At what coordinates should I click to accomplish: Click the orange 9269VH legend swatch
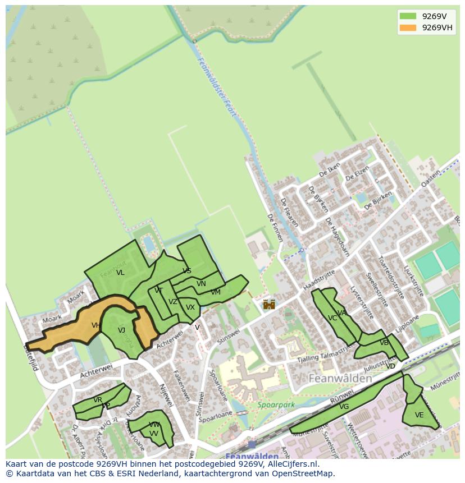click(408, 28)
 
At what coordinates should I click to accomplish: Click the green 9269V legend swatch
click(408, 16)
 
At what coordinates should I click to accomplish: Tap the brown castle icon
click(269, 304)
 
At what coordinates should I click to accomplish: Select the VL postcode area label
click(120, 273)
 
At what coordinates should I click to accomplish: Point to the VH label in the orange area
click(95, 325)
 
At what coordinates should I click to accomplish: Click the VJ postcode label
click(121, 330)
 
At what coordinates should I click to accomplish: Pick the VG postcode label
click(344, 407)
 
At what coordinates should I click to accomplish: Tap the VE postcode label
click(419, 416)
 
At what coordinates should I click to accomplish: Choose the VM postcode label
click(216, 292)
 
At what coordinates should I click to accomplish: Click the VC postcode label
click(332, 318)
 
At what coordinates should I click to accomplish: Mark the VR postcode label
click(98, 400)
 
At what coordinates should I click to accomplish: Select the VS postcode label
click(187, 271)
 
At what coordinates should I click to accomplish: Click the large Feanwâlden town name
click(340, 379)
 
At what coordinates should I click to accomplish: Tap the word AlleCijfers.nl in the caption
click(291, 464)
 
